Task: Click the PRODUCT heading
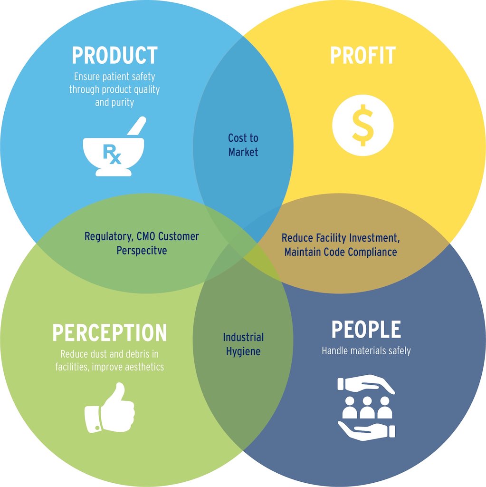coord(114,56)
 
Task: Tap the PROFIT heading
coord(363,56)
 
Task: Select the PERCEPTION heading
coord(110,332)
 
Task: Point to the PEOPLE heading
coord(366,330)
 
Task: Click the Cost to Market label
coord(243,145)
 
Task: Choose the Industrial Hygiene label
coord(243,344)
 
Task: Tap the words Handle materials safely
coord(366,351)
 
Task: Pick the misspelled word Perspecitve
coord(142,250)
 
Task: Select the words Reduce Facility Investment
coord(339,237)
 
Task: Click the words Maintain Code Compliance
coord(341,252)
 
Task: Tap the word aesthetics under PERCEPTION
coord(141,367)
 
